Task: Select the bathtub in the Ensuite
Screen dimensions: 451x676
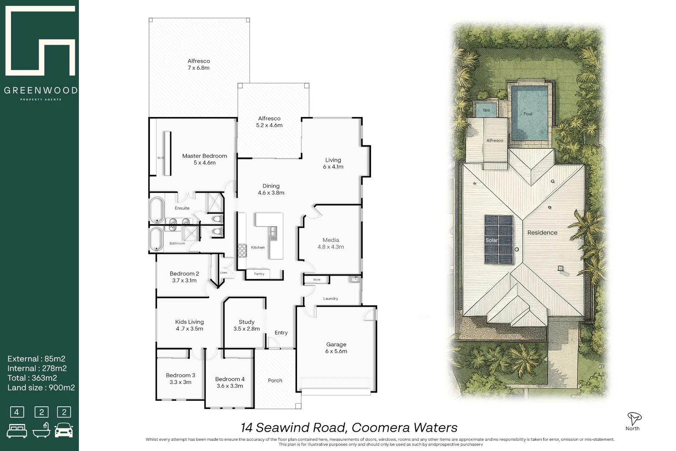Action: click(x=157, y=210)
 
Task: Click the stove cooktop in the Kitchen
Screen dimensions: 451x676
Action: click(x=242, y=250)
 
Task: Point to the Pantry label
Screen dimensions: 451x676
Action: click(x=259, y=274)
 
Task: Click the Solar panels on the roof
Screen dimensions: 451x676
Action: click(x=499, y=240)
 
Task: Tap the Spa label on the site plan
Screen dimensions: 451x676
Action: click(x=486, y=110)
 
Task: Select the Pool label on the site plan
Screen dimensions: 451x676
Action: click(x=528, y=114)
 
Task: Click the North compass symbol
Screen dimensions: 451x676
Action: click(x=633, y=418)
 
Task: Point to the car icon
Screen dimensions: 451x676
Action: click(x=64, y=430)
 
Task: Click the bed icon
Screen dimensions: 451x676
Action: click(x=17, y=431)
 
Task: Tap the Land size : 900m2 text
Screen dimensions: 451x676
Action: click(x=41, y=388)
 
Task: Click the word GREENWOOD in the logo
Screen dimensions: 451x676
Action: click(x=40, y=90)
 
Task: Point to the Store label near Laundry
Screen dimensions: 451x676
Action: click(x=317, y=279)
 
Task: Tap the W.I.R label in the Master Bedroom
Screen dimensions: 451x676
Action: click(x=161, y=158)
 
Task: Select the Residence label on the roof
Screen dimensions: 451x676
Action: click(x=542, y=233)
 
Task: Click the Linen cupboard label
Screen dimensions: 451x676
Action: click(x=224, y=273)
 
